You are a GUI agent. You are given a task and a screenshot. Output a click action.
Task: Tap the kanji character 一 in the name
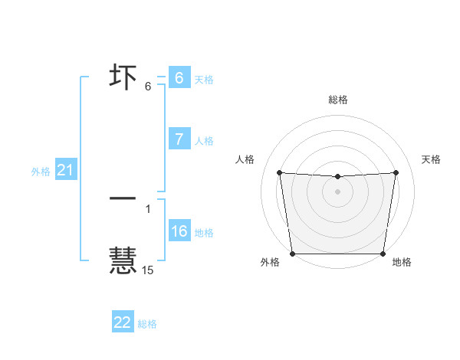coord(123,198)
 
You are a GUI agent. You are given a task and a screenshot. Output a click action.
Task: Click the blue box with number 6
coord(179,78)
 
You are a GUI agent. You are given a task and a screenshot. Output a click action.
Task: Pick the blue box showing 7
coord(179,139)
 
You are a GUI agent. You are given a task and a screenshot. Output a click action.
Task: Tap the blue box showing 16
coord(179,231)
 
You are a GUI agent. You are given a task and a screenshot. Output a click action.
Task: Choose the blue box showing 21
coord(65,170)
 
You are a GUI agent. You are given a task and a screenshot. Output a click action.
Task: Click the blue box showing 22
coord(123,322)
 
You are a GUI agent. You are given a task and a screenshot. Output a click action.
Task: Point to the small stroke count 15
coord(147,270)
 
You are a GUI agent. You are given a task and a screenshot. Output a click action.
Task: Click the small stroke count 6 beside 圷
coord(147,87)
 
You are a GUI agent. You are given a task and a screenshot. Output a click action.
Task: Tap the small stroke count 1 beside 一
coord(147,209)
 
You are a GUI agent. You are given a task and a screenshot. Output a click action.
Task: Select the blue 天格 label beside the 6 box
coord(204,79)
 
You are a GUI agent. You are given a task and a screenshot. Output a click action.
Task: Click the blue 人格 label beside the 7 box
coord(204,140)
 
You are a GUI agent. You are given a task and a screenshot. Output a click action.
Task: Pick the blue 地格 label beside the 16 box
coord(204,232)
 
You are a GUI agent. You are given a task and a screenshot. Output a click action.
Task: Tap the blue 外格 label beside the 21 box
coord(41,172)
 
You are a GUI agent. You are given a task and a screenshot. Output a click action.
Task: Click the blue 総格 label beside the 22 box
coord(147,324)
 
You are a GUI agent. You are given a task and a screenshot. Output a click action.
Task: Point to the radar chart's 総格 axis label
coord(337,100)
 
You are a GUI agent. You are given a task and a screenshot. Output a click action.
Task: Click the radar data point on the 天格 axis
coord(396,172)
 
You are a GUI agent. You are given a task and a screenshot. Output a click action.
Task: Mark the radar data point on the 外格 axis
coord(292,254)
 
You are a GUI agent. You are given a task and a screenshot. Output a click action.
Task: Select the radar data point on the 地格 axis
coord(383,254)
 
